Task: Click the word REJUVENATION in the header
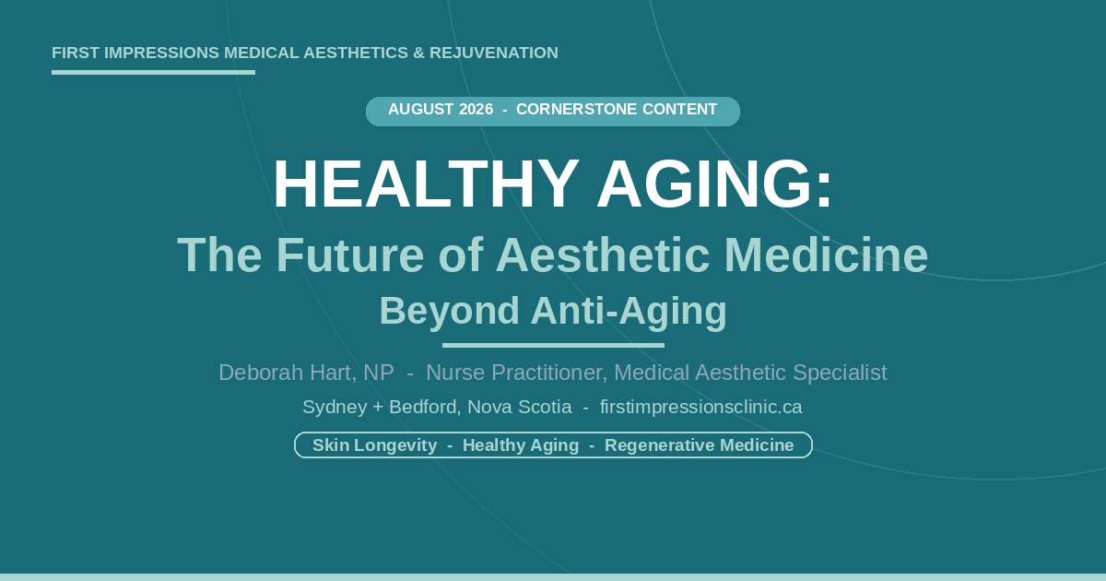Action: click(494, 53)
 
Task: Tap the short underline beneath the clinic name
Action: click(153, 73)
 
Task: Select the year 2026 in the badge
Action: click(476, 109)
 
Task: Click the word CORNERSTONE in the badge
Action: click(577, 109)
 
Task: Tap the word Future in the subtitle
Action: click(349, 255)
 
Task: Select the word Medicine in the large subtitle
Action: click(826, 255)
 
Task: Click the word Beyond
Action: click(450, 312)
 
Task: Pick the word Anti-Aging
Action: click(629, 312)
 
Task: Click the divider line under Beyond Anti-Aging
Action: click(553, 345)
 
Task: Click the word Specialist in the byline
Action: click(840, 373)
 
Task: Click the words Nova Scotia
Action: click(520, 407)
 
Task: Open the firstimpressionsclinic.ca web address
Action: click(701, 407)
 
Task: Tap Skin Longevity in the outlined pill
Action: click(375, 445)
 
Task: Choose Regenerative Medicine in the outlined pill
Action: click(700, 445)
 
